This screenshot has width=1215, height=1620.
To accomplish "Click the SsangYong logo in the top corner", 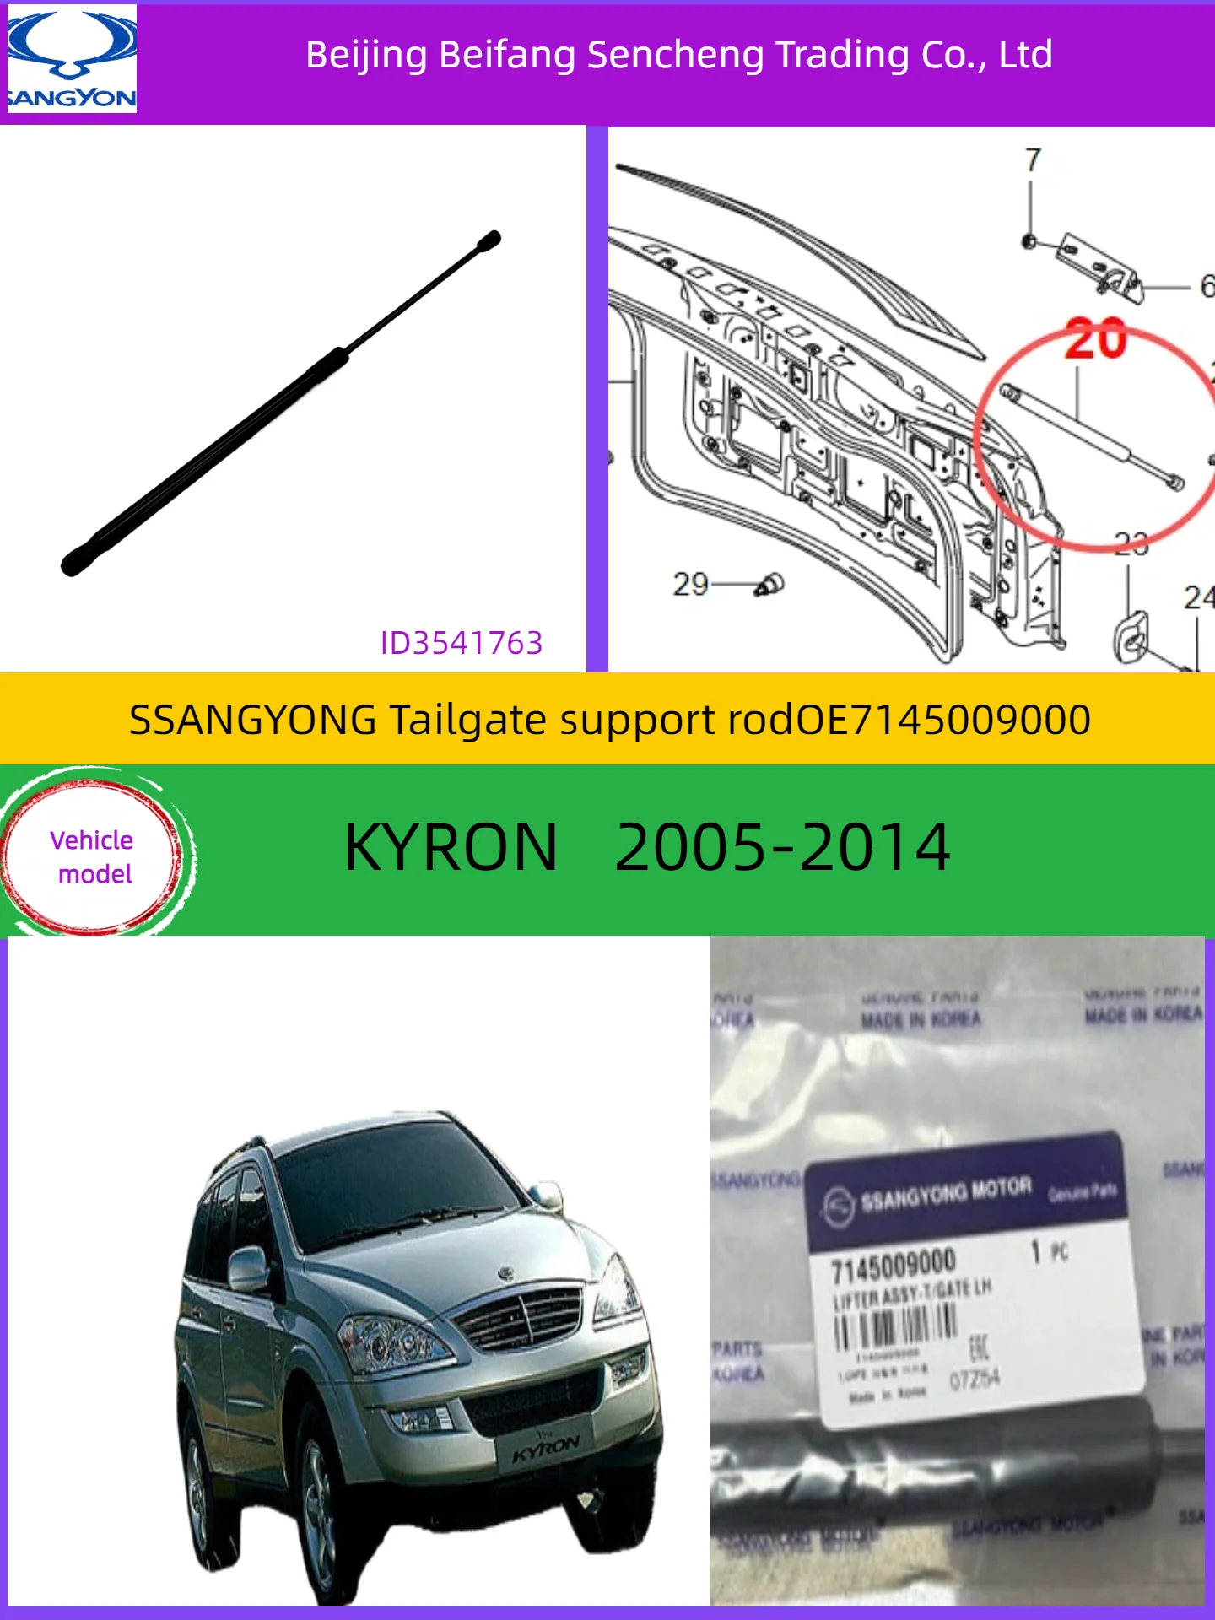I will (71, 59).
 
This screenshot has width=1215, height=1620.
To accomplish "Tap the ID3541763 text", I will (461, 643).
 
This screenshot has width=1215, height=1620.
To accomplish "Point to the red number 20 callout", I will (1095, 339).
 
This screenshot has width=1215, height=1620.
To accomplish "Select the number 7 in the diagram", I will (1033, 160).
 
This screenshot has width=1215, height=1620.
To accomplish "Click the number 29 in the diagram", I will (690, 584).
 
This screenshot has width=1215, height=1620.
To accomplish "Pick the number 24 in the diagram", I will (1198, 598).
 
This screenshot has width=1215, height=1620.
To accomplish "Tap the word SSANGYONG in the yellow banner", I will (252, 720).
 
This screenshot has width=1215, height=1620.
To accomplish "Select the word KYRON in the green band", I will (451, 847).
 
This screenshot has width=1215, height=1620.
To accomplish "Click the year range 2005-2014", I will (782, 847).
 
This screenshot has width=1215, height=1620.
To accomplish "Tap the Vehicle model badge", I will (91, 856).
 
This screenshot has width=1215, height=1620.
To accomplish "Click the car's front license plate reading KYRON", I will (545, 1447).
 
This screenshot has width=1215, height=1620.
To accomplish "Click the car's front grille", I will (521, 1316).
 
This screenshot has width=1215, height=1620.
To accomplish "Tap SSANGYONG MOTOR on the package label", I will (945, 1191).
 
